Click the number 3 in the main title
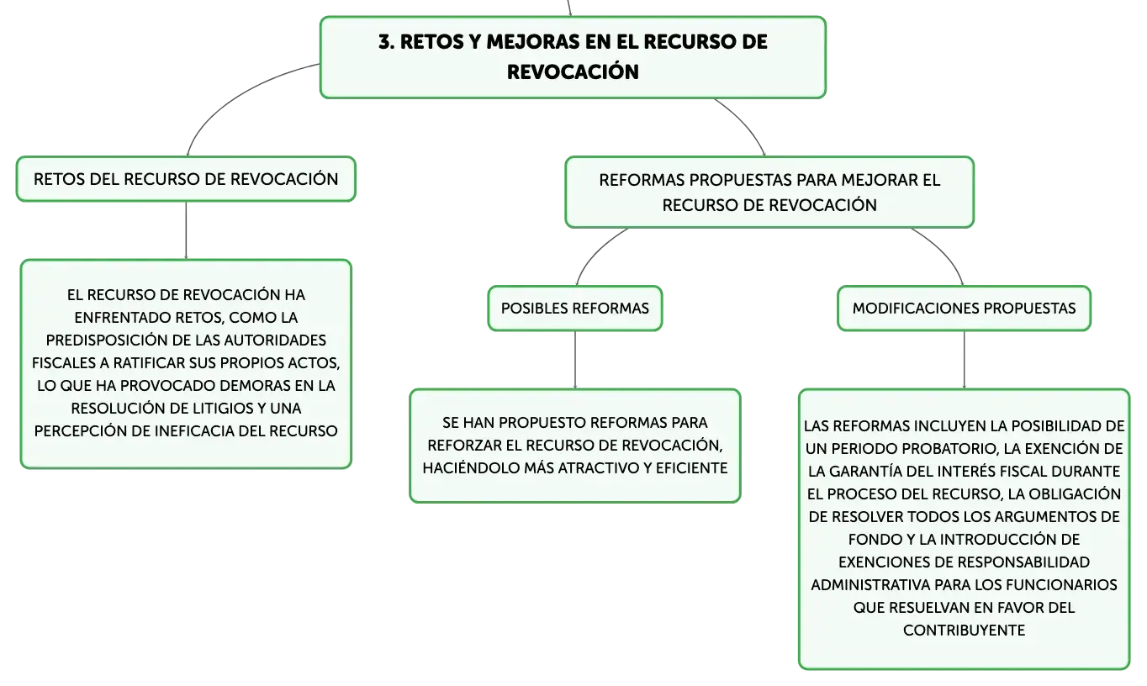[384, 42]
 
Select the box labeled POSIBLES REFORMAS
[575, 309]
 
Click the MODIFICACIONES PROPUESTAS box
[965, 309]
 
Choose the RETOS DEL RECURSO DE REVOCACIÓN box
[186, 179]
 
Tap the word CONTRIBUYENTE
[965, 631]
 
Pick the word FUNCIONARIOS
[1067, 584]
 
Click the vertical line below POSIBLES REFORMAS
[575, 360]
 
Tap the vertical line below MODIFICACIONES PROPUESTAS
[965, 360]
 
